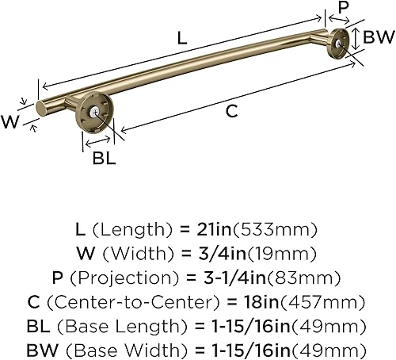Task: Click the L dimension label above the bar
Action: tap(182, 37)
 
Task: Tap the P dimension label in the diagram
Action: tap(343, 9)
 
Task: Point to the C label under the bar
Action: tap(231, 112)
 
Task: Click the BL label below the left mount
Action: tap(104, 157)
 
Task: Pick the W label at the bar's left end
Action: tap(10, 121)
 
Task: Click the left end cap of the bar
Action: tap(41, 107)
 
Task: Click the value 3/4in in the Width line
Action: tap(219, 254)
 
